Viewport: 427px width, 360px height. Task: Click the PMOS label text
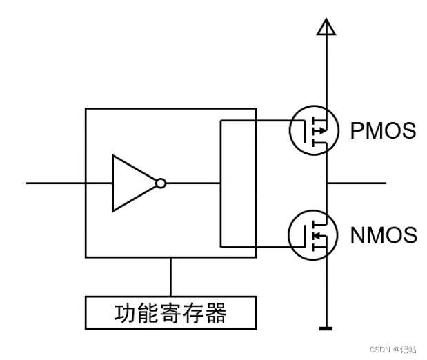pos(383,130)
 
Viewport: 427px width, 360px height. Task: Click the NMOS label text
pos(384,235)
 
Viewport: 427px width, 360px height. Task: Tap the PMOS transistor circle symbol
pos(312,130)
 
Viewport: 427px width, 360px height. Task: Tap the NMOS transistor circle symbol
pos(312,235)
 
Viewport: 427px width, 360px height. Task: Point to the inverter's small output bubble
pos(161,183)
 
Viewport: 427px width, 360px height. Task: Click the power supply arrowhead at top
pos(326,27)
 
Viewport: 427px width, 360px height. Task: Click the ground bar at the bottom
pos(326,329)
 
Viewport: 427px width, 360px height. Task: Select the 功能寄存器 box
pos(170,312)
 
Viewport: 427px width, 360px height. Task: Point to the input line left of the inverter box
pos(55,183)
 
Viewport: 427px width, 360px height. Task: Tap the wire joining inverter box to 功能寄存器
pos(170,277)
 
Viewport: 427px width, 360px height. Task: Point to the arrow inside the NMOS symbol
pos(317,235)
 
